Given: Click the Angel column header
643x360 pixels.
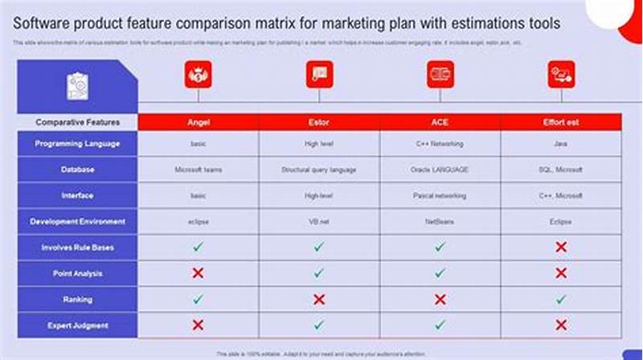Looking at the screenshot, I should pyautogui.click(x=198, y=122).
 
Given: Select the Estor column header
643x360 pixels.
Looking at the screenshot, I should pyautogui.click(x=319, y=122).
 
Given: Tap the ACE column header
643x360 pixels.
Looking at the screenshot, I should pyautogui.click(x=440, y=122).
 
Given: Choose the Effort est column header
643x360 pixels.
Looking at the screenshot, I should pyautogui.click(x=560, y=122).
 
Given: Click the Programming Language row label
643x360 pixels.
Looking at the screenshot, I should pyautogui.click(x=77, y=144).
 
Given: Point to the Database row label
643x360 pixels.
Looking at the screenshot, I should pyautogui.click(x=77, y=170).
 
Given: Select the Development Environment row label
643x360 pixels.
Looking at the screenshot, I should pyautogui.click(x=77, y=221).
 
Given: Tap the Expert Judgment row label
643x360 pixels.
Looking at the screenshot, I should pyautogui.click(x=77, y=325).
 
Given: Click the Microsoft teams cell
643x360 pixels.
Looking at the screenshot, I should pyautogui.click(x=198, y=170).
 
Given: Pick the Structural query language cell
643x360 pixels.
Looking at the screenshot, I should pyautogui.click(x=319, y=170).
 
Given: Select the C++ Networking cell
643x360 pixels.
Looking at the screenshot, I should pyautogui.click(x=440, y=144).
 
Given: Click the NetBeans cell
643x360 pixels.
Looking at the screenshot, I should pyautogui.click(x=440, y=221).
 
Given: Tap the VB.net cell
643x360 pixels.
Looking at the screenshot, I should pyautogui.click(x=319, y=221).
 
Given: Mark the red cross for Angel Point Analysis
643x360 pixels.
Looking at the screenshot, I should pyautogui.click(x=198, y=273).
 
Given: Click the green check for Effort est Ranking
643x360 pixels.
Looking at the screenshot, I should pyautogui.click(x=560, y=299).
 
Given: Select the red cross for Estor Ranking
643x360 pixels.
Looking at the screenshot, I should pyautogui.click(x=319, y=299).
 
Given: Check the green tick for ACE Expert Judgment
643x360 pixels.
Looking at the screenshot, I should pyautogui.click(x=440, y=325).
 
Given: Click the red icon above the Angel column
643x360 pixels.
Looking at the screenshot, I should pyautogui.click(x=198, y=75).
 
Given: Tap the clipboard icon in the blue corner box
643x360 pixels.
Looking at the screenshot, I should pyautogui.click(x=78, y=85).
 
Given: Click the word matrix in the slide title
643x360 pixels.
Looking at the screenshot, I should pyautogui.click(x=269, y=22).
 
